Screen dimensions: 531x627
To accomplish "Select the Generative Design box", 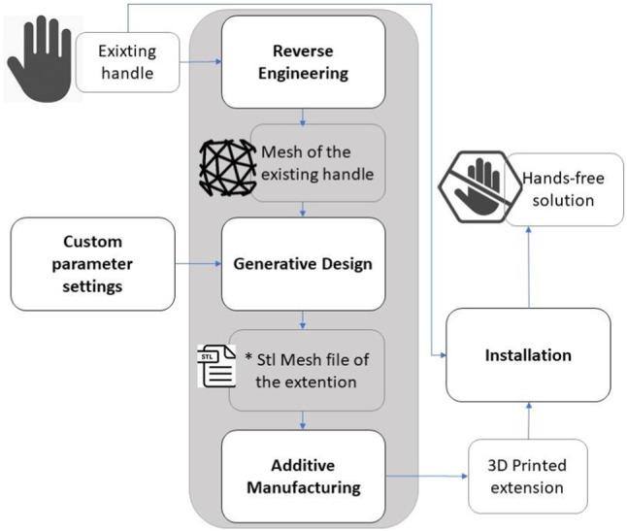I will [x=305, y=263].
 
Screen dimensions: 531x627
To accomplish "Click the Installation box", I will [x=528, y=355].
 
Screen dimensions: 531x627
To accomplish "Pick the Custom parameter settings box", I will [x=92, y=263].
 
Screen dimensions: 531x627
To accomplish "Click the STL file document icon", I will [x=213, y=370].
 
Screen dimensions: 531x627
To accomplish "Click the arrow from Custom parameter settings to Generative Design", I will [x=198, y=263].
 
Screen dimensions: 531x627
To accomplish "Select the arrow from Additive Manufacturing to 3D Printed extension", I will [x=426, y=477].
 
